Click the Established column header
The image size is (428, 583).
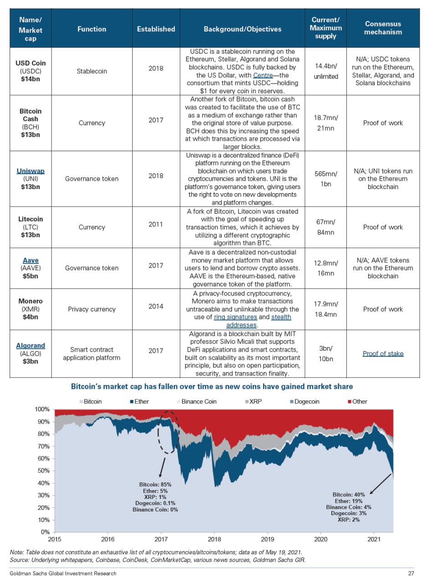tap(156, 29)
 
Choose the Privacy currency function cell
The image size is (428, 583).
tap(92, 309)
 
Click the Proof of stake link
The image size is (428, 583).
tap(383, 353)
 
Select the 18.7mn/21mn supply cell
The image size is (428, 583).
tap(326, 123)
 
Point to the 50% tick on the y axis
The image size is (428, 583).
tap(43, 471)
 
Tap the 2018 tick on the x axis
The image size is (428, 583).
tap(214, 540)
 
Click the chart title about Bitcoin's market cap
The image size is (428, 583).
tap(212, 387)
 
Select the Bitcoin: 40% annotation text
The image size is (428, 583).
tap(349, 494)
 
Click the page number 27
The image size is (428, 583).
tap(410, 573)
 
